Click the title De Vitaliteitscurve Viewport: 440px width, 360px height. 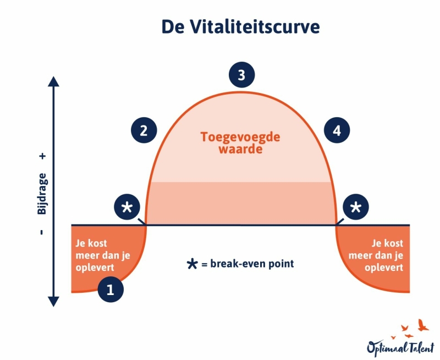click(x=240, y=27)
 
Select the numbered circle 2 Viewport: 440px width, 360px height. click(x=144, y=130)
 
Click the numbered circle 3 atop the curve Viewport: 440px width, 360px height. click(x=241, y=75)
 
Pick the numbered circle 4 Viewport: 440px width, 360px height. click(x=337, y=130)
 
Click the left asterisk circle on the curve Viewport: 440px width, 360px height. click(x=127, y=208)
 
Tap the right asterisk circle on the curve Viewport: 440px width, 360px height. click(x=356, y=208)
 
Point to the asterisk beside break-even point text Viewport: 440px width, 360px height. click(x=192, y=264)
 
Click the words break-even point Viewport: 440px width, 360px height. click(x=252, y=264)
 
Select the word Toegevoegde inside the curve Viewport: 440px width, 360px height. click(x=240, y=135)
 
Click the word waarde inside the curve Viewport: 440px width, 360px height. click(x=240, y=149)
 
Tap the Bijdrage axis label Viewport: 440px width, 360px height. click(x=43, y=192)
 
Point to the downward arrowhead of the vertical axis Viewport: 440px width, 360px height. click(x=53, y=301)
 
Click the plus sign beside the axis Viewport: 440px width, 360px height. click(x=43, y=156)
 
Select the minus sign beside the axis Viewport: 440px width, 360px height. click(x=42, y=232)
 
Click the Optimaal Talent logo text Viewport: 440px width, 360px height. click(x=400, y=347)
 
